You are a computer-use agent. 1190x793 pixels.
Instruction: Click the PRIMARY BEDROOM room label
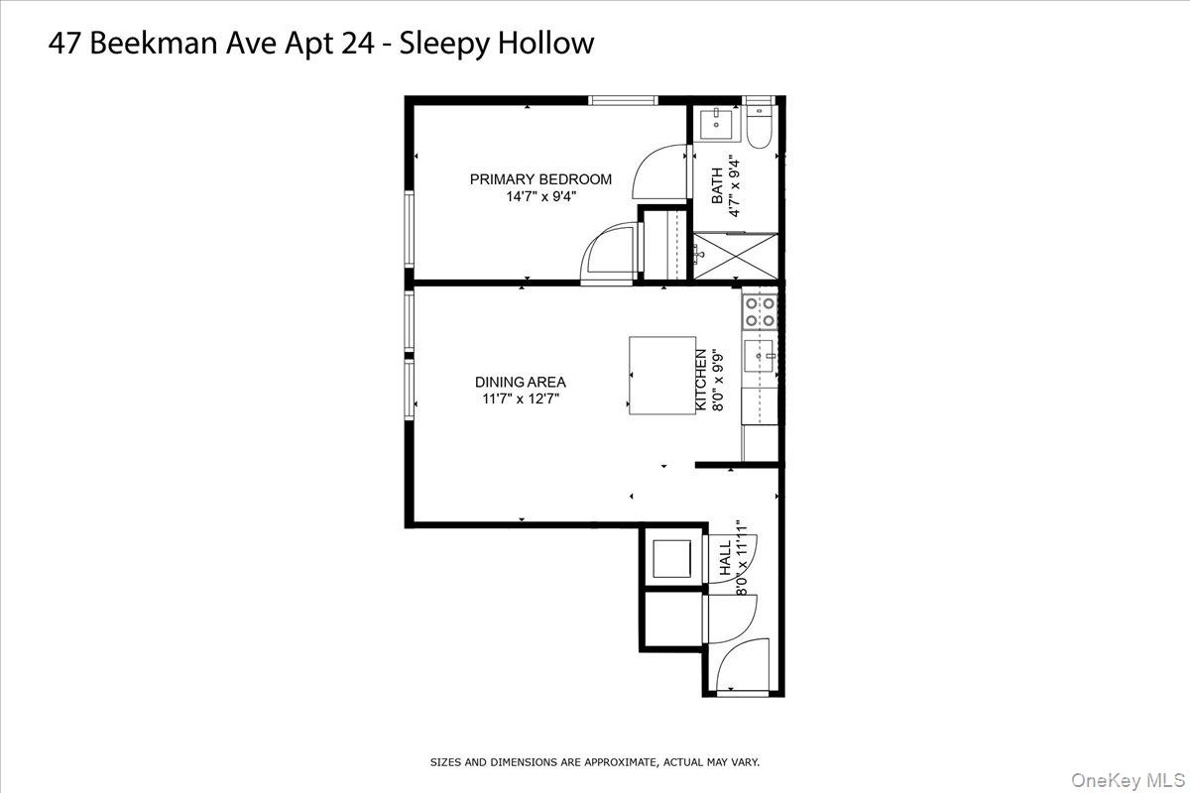pyautogui.click(x=540, y=179)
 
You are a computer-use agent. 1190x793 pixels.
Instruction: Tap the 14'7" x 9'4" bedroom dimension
pyautogui.click(x=540, y=196)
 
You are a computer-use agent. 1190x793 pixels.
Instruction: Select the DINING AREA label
pyautogui.click(x=521, y=382)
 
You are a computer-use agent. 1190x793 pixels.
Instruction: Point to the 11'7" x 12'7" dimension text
pyautogui.click(x=521, y=399)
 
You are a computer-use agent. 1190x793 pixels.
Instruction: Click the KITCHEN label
pyautogui.click(x=701, y=381)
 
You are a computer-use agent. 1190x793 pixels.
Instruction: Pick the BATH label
pyautogui.click(x=718, y=186)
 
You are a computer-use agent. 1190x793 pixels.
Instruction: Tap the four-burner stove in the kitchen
pyautogui.click(x=761, y=312)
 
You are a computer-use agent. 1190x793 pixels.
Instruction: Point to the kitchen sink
pyautogui.click(x=762, y=355)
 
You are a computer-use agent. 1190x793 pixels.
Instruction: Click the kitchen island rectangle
pyautogui.click(x=662, y=376)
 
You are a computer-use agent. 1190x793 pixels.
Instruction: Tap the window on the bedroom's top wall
pyautogui.click(x=623, y=100)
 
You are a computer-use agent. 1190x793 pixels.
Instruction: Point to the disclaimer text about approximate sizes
pyautogui.click(x=594, y=762)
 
